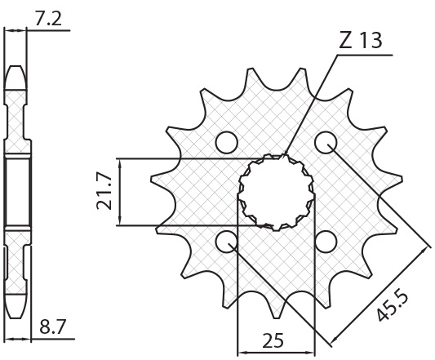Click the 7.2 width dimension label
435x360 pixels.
click(x=48, y=19)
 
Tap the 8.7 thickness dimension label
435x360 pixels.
click(x=52, y=327)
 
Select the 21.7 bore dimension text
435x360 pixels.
click(x=104, y=193)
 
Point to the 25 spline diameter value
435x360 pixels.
click(x=273, y=340)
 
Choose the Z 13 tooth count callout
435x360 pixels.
click(x=361, y=40)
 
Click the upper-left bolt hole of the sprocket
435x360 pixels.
click(x=227, y=142)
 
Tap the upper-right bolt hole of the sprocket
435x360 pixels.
click(x=326, y=142)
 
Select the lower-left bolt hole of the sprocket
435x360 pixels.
click(x=227, y=241)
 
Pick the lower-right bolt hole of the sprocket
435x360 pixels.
click(x=326, y=241)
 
